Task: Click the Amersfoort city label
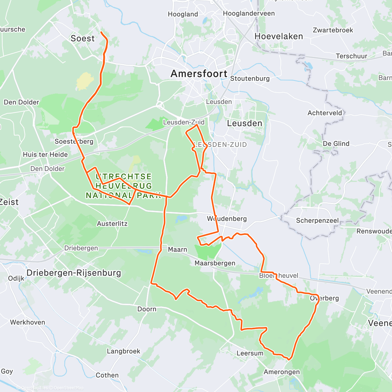[199, 74]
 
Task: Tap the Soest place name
[83, 39]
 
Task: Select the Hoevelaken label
[279, 36]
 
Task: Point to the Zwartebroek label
[333, 30]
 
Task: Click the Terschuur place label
[351, 56]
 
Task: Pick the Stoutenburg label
[250, 78]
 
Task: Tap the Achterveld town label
[325, 113]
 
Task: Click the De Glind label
[336, 144]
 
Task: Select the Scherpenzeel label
[317, 220]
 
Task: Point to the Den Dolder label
[21, 102]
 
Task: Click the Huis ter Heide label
[45, 155]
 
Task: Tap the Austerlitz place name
[112, 224]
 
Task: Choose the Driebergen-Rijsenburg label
[73, 273]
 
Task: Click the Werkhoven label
[27, 322]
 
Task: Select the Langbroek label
[123, 351]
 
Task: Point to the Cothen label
[107, 375]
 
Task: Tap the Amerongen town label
[282, 372]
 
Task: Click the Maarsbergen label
[215, 263]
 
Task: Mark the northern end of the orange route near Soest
[101, 32]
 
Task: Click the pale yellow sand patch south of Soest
[85, 81]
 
